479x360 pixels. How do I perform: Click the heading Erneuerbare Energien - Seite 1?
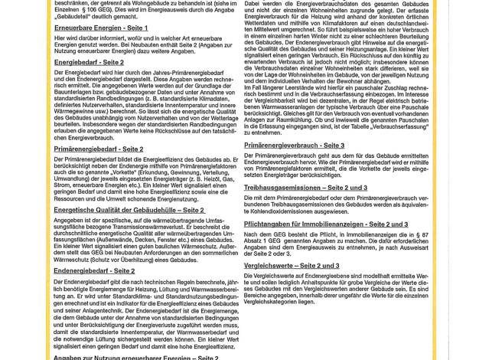[x=100, y=28]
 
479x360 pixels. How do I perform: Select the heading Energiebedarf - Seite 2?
[x=89, y=62]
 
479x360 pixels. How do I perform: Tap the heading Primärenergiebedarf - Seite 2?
[x=98, y=149]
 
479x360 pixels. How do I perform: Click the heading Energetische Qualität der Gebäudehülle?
[x=129, y=210]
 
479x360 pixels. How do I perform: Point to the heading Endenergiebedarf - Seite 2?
[x=94, y=270]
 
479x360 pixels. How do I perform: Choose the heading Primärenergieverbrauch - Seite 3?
[x=294, y=146]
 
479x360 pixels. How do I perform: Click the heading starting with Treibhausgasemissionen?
[x=305, y=188]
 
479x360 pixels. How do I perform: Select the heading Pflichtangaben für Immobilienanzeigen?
[x=325, y=224]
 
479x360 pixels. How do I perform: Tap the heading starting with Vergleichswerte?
[x=292, y=266]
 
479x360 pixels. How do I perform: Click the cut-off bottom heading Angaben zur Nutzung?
[x=135, y=357]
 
